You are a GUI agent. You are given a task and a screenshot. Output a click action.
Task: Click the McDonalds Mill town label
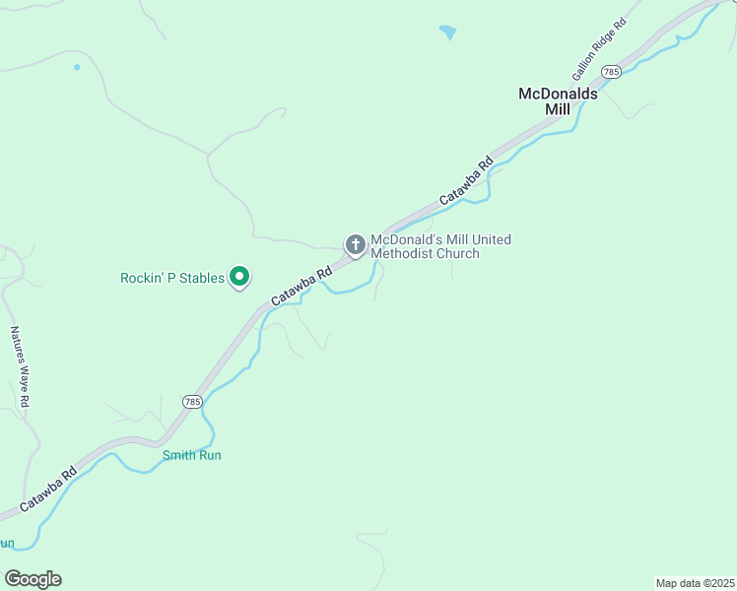559,101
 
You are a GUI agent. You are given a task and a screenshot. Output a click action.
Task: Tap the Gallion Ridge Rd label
598,50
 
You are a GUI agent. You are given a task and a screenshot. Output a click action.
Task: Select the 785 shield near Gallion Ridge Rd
611,72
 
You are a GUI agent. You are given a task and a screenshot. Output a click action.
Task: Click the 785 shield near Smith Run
192,402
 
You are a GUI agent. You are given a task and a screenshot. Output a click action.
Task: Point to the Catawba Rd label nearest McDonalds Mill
465,181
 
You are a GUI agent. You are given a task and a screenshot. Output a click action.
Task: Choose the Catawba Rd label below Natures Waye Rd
48,490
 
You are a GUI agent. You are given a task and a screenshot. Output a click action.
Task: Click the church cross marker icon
355,244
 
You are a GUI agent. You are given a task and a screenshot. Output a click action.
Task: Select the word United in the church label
491,239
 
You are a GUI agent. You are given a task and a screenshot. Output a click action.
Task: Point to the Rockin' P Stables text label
172,279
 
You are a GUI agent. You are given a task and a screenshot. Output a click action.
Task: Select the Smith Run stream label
191,455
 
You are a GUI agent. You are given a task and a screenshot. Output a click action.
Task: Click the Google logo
33,579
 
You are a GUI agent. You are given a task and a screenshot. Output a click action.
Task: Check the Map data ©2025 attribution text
694,583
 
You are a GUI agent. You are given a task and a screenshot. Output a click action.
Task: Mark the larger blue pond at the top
448,33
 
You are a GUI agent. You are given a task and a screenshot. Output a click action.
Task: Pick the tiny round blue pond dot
76,67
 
